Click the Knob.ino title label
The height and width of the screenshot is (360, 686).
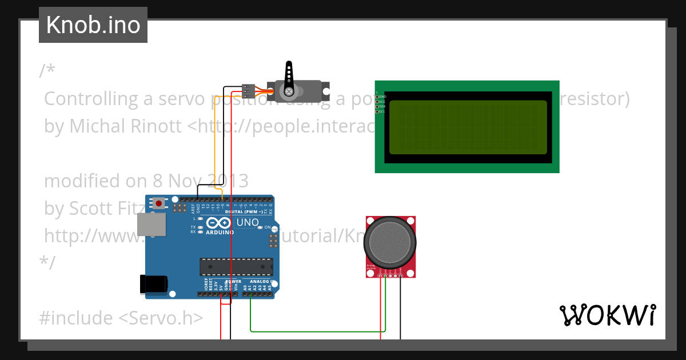pyautogui.click(x=93, y=25)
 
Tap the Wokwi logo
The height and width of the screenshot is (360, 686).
pyautogui.click(x=607, y=315)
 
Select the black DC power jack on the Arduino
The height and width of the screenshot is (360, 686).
pyautogui.click(x=154, y=284)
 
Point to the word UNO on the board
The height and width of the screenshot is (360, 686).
pyautogui.click(x=248, y=222)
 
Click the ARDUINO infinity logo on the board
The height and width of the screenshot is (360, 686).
pyautogui.click(x=218, y=224)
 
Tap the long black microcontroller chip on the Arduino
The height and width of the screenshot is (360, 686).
pyautogui.click(x=236, y=266)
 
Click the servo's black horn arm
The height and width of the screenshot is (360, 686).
pyautogui.click(x=289, y=77)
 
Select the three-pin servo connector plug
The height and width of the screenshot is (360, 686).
pyautogui.click(x=248, y=90)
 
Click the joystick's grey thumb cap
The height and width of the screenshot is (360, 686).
pyautogui.click(x=390, y=241)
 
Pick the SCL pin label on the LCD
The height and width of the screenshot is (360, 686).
pyautogui.click(x=382, y=111)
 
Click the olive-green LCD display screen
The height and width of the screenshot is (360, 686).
pyautogui.click(x=468, y=127)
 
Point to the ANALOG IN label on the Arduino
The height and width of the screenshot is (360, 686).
pyautogui.click(x=258, y=281)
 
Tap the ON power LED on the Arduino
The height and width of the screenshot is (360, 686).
pyautogui.click(x=260, y=227)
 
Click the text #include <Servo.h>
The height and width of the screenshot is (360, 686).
pyautogui.click(x=121, y=318)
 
